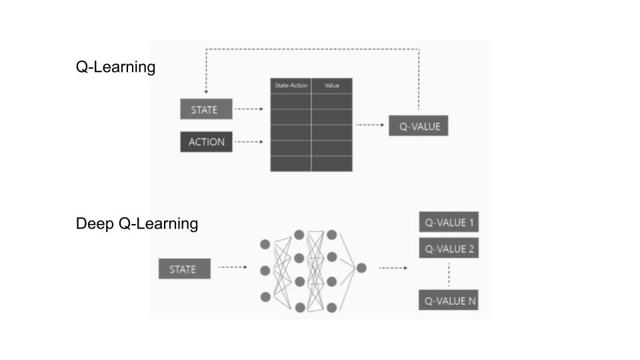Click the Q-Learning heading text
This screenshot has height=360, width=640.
115,67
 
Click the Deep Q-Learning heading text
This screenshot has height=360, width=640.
137,224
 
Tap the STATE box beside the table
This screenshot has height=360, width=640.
206,109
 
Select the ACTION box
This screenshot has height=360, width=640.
206,142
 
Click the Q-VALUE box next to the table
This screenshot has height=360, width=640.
419,125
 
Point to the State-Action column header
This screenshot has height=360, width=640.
291,86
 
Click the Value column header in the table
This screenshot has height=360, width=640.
332,86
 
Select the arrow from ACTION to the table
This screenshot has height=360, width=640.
250,142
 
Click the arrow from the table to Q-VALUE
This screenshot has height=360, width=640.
370,125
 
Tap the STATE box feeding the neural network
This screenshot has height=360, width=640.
183,269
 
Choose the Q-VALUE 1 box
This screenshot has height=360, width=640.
449,223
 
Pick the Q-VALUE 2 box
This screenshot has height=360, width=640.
449,249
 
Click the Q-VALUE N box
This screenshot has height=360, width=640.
449,301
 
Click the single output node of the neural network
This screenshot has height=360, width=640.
361,268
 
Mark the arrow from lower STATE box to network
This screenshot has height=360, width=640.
233,268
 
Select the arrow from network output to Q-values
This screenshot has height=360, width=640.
393,268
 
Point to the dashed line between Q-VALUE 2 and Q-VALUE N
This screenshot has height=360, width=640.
449,275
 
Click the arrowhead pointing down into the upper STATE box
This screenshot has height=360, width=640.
206,92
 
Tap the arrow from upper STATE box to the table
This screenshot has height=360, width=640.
250,109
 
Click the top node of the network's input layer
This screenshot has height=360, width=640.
266,245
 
